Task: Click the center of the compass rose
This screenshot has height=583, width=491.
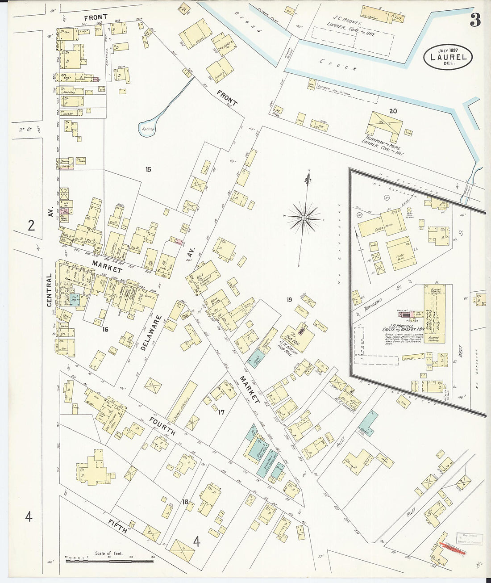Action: pos(304,218)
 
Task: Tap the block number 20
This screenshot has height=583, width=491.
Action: pos(392,111)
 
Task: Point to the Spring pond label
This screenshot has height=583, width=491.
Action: pos(148,129)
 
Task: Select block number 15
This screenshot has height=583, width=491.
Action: pos(148,169)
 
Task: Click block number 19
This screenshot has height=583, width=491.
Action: pos(289,300)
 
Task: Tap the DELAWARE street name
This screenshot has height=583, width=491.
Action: pos(151,335)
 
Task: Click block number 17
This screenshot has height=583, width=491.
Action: pos(221,412)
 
